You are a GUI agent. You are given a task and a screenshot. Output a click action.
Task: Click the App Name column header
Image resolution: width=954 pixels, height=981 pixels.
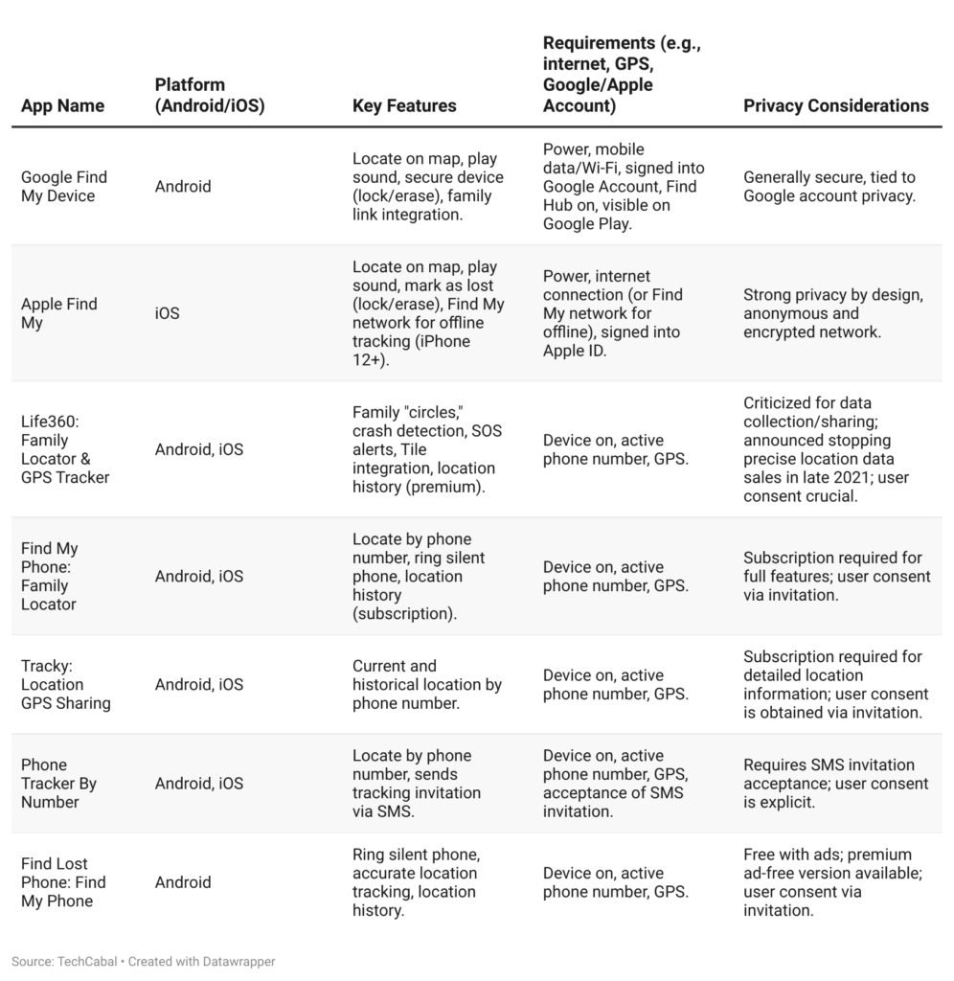(x=62, y=105)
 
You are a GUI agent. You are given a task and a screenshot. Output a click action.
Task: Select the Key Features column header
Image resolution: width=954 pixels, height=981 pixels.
(x=404, y=105)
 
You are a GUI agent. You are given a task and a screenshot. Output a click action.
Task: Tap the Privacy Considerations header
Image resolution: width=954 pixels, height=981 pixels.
(x=835, y=105)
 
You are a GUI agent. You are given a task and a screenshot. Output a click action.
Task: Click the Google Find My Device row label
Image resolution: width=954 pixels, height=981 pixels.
(x=64, y=187)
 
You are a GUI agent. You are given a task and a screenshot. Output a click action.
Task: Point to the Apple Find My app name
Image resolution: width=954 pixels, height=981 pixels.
(x=59, y=313)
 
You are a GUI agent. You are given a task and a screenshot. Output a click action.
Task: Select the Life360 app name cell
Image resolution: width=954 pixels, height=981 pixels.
(x=65, y=449)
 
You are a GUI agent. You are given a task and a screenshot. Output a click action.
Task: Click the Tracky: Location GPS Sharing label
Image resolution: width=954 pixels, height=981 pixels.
(x=66, y=684)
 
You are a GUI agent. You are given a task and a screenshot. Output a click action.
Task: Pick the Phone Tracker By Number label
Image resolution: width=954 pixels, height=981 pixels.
(x=59, y=783)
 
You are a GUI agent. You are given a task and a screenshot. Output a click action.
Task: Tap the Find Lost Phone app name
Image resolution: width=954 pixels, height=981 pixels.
(x=63, y=882)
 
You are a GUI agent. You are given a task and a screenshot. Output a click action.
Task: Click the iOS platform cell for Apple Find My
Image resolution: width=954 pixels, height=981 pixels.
(x=167, y=313)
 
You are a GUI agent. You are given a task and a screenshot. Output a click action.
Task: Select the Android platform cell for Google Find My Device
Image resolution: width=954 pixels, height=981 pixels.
(x=183, y=187)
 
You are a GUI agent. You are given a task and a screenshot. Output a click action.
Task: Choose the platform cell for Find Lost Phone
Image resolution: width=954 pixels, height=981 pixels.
(x=183, y=882)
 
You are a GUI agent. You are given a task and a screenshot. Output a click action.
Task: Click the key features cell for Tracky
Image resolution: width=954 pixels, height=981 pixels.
(x=426, y=684)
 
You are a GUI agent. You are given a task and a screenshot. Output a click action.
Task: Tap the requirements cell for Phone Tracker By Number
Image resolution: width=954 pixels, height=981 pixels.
(x=615, y=783)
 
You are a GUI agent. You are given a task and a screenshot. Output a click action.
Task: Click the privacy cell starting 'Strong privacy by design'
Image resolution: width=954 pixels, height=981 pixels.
(x=833, y=313)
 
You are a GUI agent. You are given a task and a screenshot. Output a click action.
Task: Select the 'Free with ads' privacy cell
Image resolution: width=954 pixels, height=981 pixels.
(x=831, y=882)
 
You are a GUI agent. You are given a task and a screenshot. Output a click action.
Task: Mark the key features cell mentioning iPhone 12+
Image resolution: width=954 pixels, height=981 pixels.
(x=427, y=313)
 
